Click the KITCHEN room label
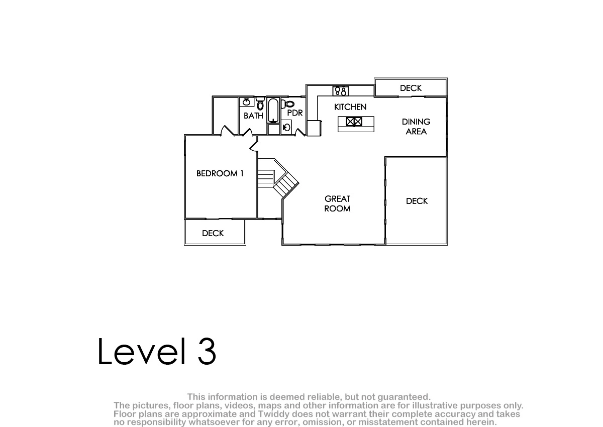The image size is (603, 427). [350, 107]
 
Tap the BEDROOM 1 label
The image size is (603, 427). [220, 173]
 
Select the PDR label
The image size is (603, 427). [295, 113]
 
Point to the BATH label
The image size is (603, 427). [253, 116]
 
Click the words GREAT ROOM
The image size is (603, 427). [337, 203]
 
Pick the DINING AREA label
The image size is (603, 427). [416, 127]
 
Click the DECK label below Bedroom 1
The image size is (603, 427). [213, 233]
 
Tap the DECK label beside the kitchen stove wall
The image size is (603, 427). [411, 88]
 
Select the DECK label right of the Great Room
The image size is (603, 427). [417, 201]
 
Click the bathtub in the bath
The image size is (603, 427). [273, 111]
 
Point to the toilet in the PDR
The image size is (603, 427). [288, 104]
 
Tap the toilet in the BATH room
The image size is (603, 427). [260, 103]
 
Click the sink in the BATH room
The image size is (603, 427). [247, 102]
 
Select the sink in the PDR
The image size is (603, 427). [286, 127]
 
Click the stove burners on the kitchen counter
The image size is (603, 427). [341, 91]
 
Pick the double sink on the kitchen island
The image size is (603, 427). [354, 122]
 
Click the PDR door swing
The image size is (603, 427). [300, 132]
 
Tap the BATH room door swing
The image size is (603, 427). [248, 132]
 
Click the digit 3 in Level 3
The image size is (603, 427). [207, 351]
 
